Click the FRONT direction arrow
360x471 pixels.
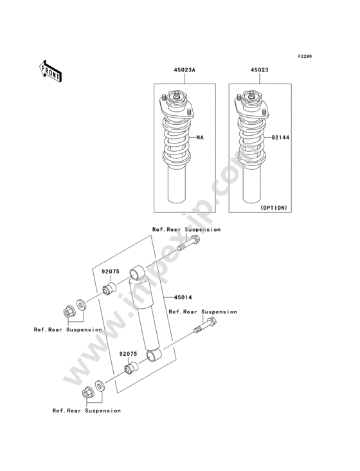point(50,71)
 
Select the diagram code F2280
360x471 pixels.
point(305,56)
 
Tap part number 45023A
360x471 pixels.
point(184,70)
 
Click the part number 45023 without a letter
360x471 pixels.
point(260,70)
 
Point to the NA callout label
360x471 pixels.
point(200,138)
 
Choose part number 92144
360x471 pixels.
point(280,138)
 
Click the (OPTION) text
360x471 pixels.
point(273,208)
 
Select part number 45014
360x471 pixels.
point(183,297)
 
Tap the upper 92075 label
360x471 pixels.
point(111,272)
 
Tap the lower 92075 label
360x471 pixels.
point(128,354)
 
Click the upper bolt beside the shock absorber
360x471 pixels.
point(189,244)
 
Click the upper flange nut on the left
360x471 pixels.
point(69,311)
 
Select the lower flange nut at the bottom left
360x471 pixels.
point(87,392)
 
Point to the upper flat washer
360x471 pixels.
point(81,305)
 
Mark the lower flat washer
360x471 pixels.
point(100,386)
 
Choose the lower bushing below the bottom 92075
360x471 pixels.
point(131,368)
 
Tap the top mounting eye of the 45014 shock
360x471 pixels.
point(137,272)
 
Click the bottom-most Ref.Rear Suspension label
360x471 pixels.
point(87,411)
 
